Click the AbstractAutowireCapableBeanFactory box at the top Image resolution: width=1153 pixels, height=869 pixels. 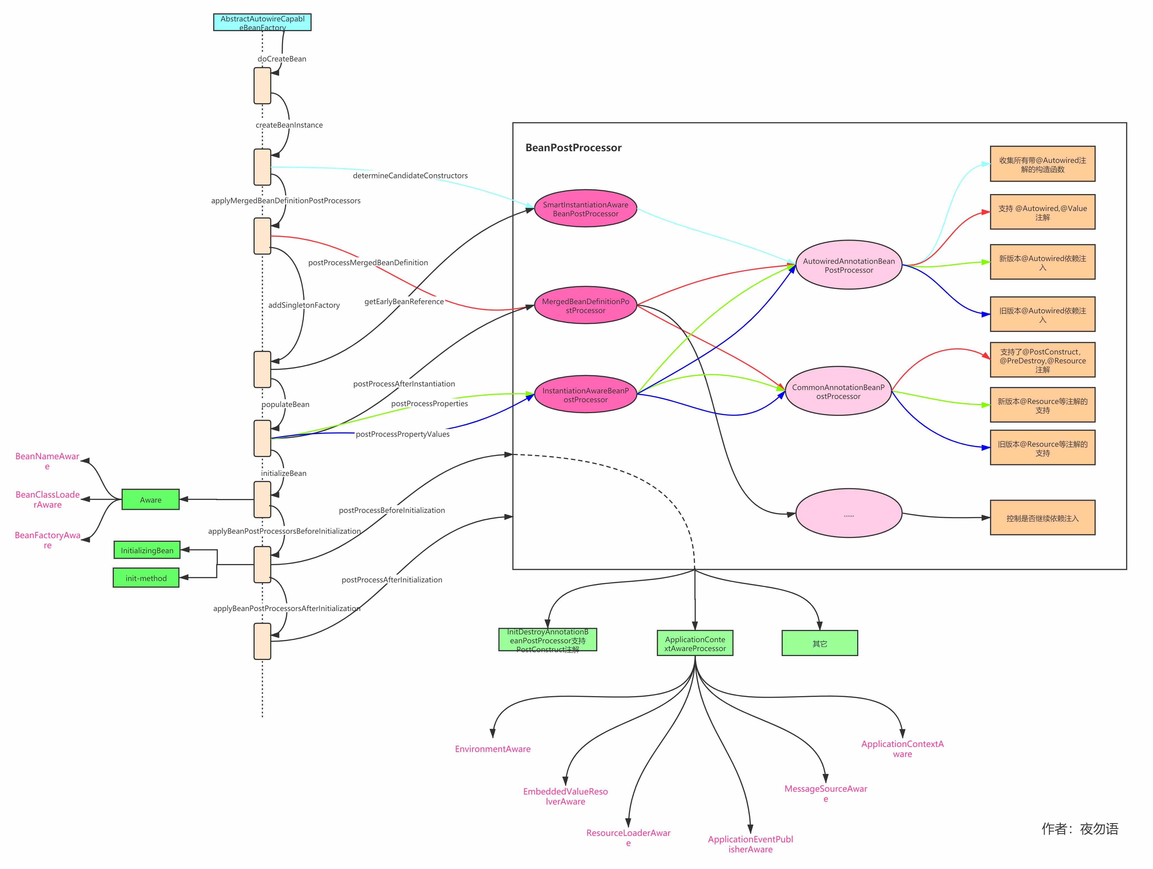[262, 23]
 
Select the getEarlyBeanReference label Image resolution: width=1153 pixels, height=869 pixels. [404, 301]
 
